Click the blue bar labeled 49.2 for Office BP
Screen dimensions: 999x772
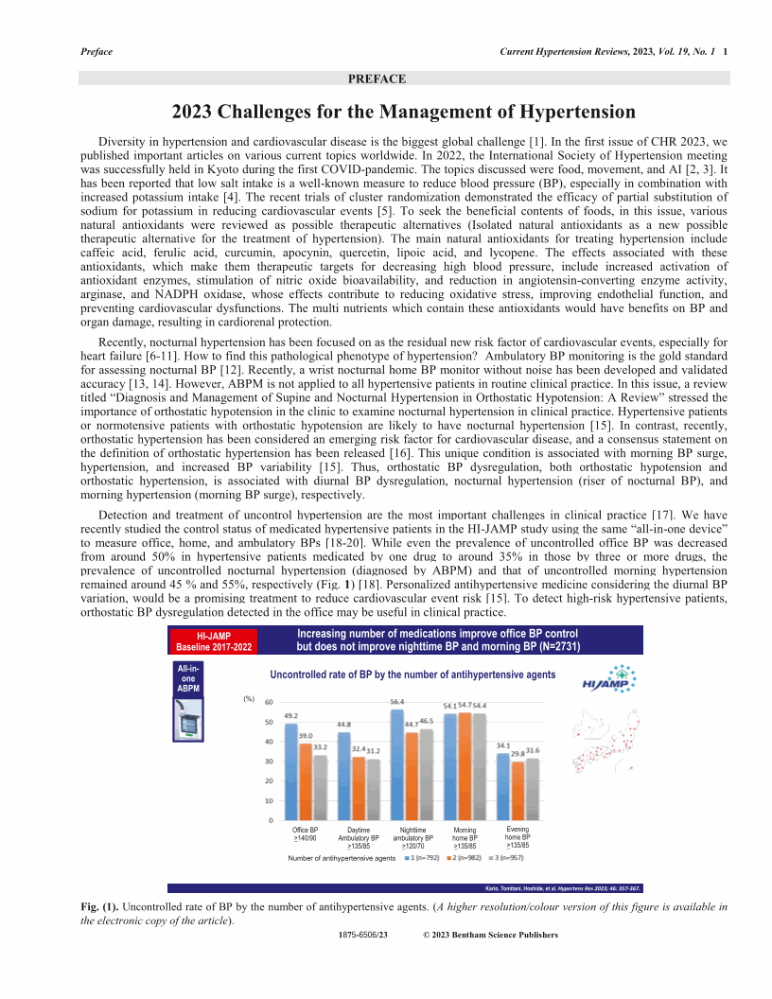pos(291,771)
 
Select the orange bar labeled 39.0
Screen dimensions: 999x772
pos(306,781)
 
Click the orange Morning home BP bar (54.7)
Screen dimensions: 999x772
pos(465,766)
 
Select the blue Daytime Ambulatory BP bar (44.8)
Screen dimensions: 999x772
pos(344,776)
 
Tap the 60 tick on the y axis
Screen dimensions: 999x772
pos(269,702)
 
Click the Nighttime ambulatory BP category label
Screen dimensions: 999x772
pos(412,837)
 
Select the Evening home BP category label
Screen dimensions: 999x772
pos(518,836)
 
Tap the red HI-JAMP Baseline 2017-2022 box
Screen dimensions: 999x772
pos(214,641)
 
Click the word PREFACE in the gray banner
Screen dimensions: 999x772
pos(377,79)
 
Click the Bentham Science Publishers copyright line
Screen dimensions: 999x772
pos(490,935)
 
